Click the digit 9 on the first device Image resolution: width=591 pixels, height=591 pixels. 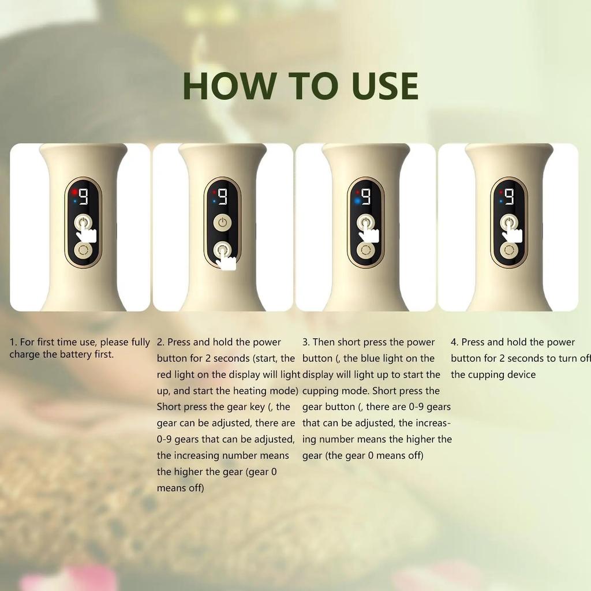pyautogui.click(x=84, y=197)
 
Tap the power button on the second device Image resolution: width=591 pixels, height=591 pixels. pyautogui.click(x=222, y=222)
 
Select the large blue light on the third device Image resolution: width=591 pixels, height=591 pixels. pyautogui.click(x=357, y=201)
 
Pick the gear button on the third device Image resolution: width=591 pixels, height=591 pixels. pyautogui.click(x=365, y=250)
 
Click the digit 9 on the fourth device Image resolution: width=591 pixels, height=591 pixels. pyautogui.click(x=510, y=197)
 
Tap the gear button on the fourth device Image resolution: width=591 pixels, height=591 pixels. pyautogui.click(x=508, y=250)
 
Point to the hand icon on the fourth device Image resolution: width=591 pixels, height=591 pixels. pyautogui.click(x=513, y=234)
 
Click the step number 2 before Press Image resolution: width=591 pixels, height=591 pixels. pyautogui.click(x=160, y=342)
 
